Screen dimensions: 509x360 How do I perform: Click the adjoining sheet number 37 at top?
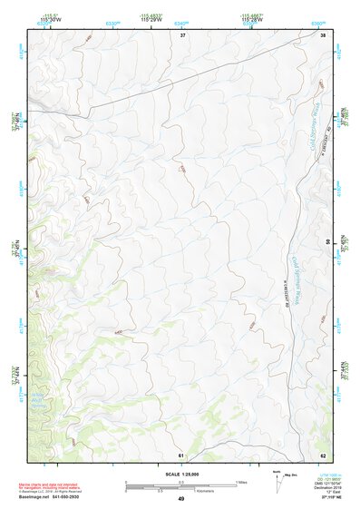(x=182, y=34)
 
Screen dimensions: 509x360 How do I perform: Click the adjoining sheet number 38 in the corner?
(x=323, y=34)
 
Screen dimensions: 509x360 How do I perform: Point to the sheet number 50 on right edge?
(x=328, y=243)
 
